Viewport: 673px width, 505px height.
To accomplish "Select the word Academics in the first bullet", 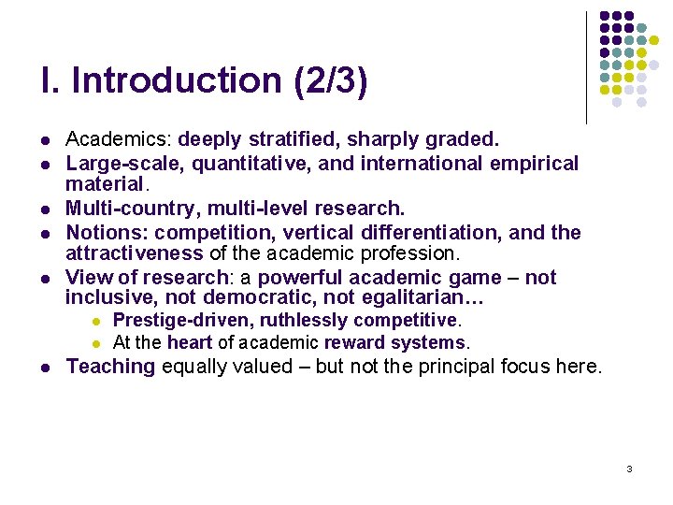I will point(118,140).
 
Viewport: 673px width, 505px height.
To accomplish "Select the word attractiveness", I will point(134,253).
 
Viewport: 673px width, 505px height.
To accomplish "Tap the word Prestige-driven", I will point(182,322).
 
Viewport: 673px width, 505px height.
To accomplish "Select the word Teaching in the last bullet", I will point(110,367).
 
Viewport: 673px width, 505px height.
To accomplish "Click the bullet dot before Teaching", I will point(45,368).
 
